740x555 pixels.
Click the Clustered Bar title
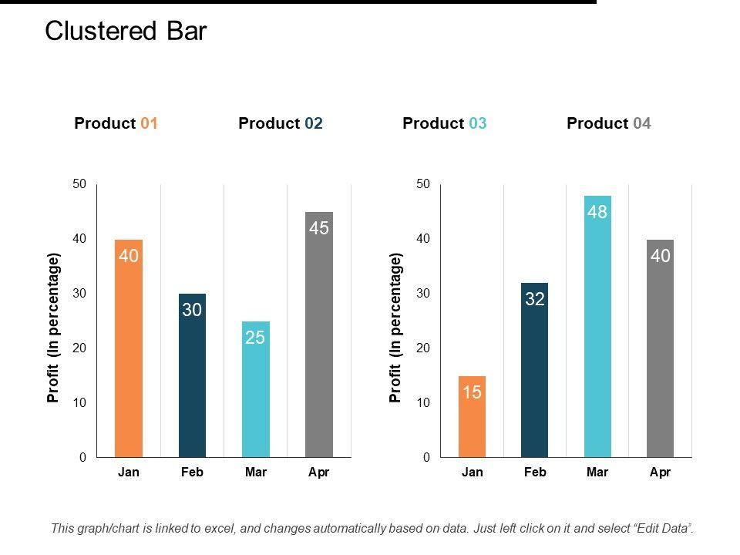pyautogui.click(x=126, y=31)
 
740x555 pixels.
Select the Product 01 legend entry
pyautogui.click(x=116, y=123)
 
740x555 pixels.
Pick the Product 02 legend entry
pyautogui.click(x=281, y=123)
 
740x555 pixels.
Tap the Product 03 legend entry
pyautogui.click(x=445, y=123)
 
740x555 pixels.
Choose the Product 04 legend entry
pyautogui.click(x=609, y=123)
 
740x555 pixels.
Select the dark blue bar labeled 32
pyautogui.click(x=535, y=370)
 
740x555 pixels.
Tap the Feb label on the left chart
pyautogui.click(x=192, y=473)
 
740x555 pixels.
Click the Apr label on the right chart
pyautogui.click(x=661, y=473)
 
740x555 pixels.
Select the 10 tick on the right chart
pyautogui.click(x=422, y=403)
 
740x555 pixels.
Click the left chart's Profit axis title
pyautogui.click(x=53, y=328)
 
